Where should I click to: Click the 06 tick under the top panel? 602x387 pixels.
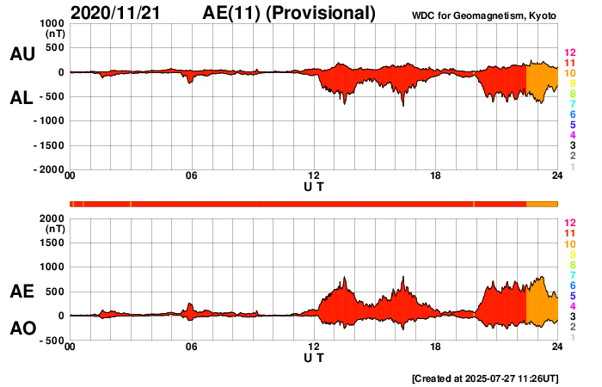click(192, 176)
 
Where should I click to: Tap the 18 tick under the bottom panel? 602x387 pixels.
click(436, 347)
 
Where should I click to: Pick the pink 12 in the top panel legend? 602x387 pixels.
click(568, 53)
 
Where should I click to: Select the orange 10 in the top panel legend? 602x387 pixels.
click(568, 73)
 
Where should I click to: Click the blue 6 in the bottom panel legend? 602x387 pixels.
click(571, 285)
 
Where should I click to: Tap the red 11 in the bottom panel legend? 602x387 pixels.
click(568, 233)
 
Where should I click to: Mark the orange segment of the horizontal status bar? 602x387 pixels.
click(542, 203)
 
